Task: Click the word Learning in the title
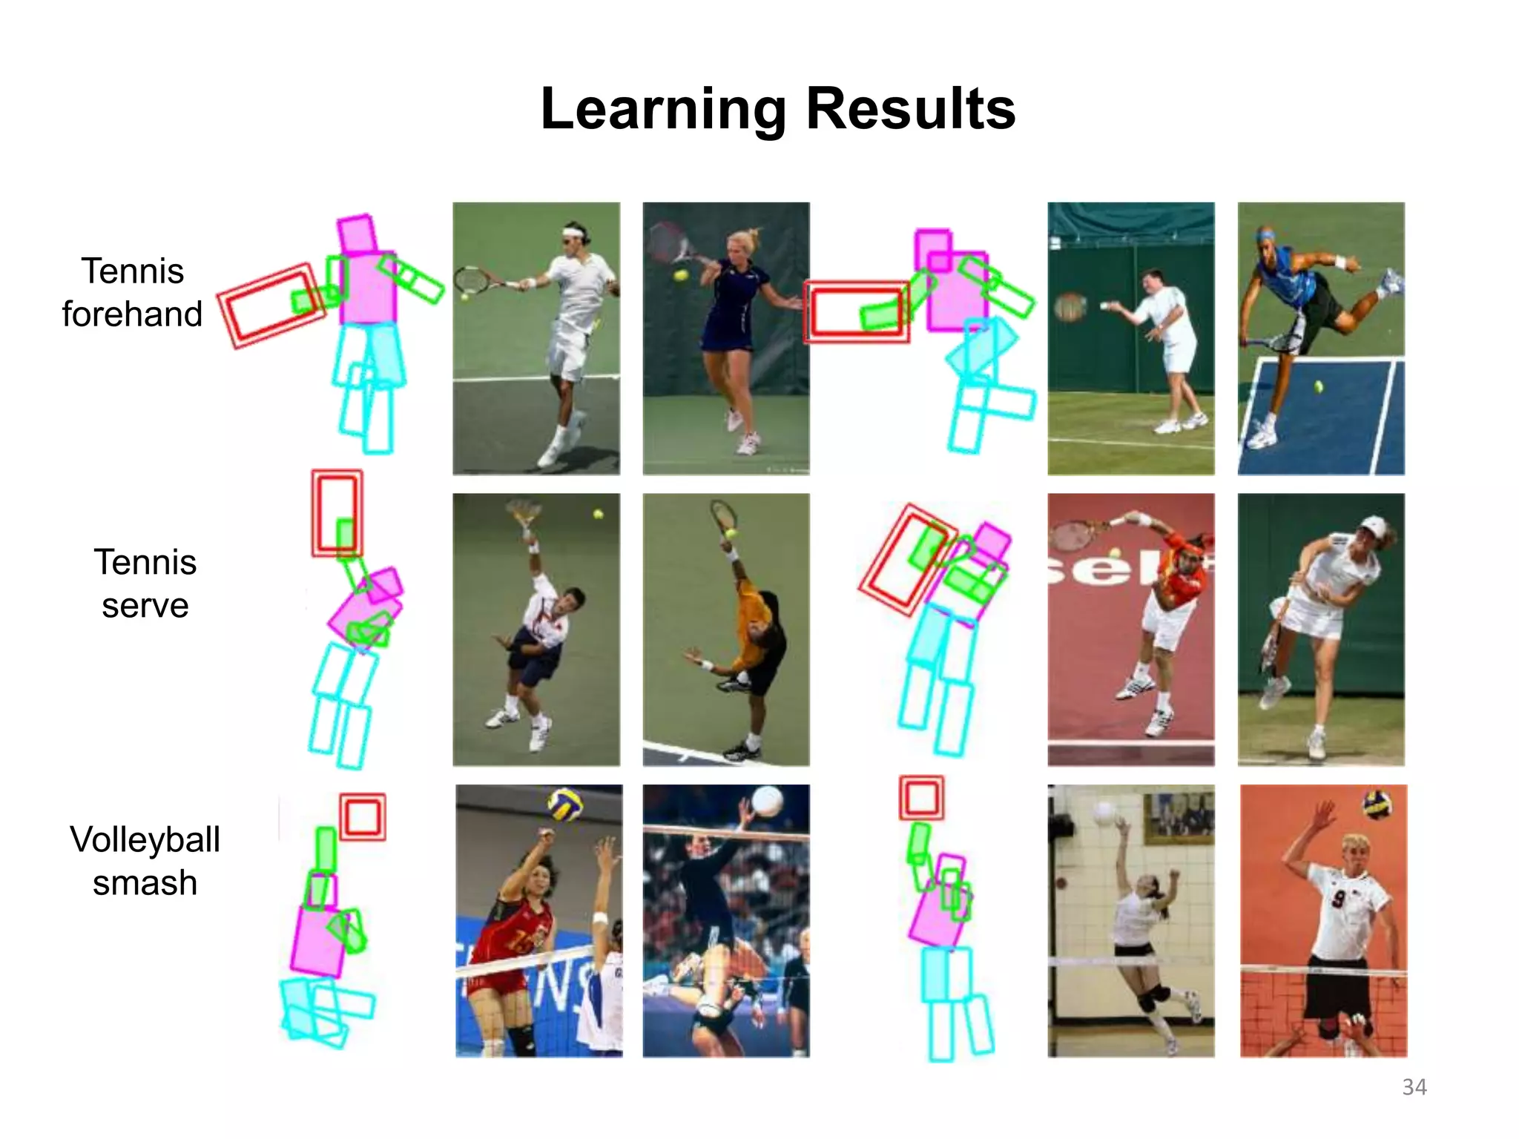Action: click(663, 110)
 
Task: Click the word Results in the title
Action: click(910, 110)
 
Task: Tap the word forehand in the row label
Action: click(132, 314)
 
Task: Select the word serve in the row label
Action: click(145, 606)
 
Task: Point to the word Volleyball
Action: click(145, 840)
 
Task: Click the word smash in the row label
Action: click(145, 883)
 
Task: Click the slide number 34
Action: click(1414, 1087)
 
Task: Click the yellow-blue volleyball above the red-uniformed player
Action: click(565, 805)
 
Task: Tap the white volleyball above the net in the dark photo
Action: click(767, 802)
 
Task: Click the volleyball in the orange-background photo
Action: click(1377, 804)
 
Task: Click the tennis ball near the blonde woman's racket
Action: click(680, 275)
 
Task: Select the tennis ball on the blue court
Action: click(1319, 386)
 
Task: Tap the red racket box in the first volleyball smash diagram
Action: click(363, 817)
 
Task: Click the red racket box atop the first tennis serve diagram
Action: click(337, 512)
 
